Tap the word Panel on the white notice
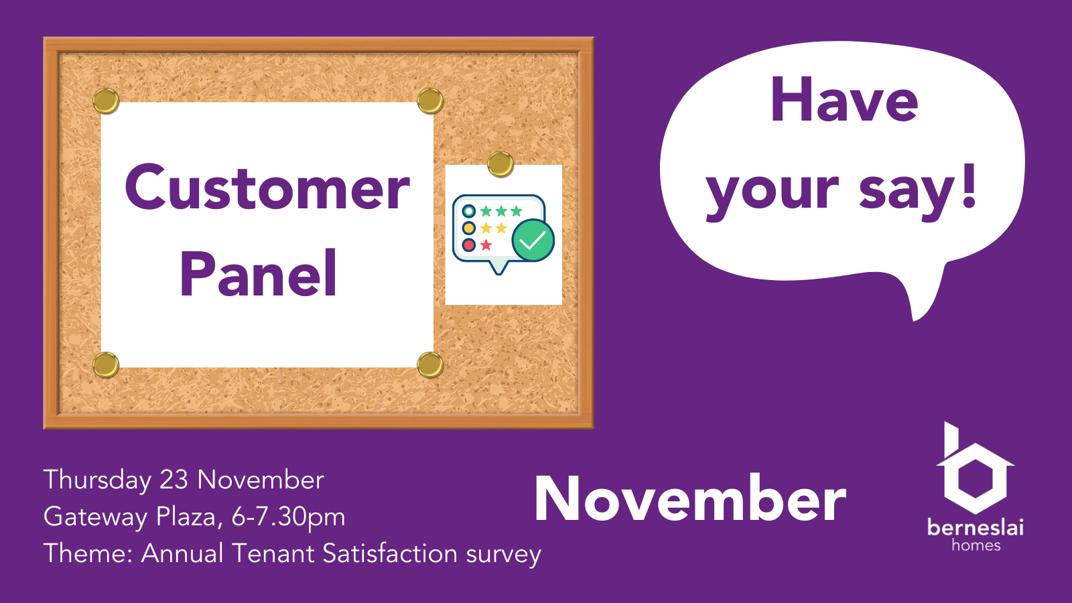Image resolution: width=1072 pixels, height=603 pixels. (259, 273)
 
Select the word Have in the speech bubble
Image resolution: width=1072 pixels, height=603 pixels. (844, 100)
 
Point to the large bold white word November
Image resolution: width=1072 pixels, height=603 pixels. (690, 498)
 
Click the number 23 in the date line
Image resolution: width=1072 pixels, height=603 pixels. (174, 480)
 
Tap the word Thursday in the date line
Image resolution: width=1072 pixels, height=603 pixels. (98, 480)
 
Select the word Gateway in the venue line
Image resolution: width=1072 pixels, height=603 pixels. (96, 517)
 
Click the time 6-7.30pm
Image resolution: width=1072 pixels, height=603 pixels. (288, 517)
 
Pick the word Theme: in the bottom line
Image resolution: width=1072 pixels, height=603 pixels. (88, 553)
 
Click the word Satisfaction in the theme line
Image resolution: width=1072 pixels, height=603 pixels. (390, 553)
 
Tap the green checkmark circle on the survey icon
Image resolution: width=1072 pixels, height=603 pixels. (533, 241)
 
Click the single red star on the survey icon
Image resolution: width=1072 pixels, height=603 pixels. (486, 245)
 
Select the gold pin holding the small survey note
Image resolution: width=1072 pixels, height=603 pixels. (500, 164)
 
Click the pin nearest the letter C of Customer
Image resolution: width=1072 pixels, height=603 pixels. (106, 101)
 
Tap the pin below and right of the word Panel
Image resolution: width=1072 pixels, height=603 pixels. (429, 365)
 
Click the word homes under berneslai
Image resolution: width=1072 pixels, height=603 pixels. (976, 545)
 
